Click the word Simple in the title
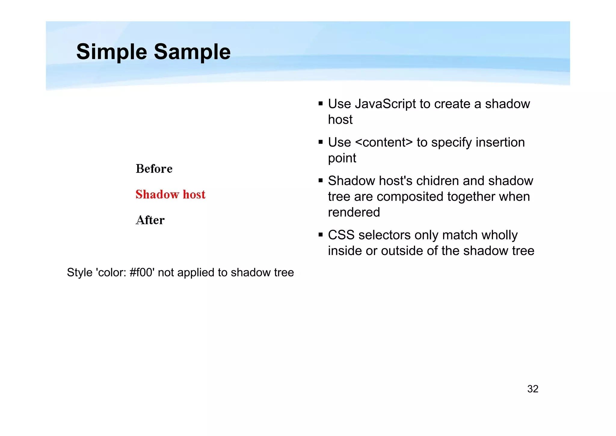tap(112, 52)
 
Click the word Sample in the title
tap(192, 52)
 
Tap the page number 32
tap(533, 389)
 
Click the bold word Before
tap(154, 169)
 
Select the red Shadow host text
tap(170, 195)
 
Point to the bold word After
tap(150, 220)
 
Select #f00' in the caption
tap(142, 272)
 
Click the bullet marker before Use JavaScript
tap(321, 104)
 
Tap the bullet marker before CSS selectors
tap(321, 235)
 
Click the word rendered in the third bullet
tap(354, 212)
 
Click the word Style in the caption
tap(79, 272)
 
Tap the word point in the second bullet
tap(342, 158)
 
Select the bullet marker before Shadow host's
tap(321, 181)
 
